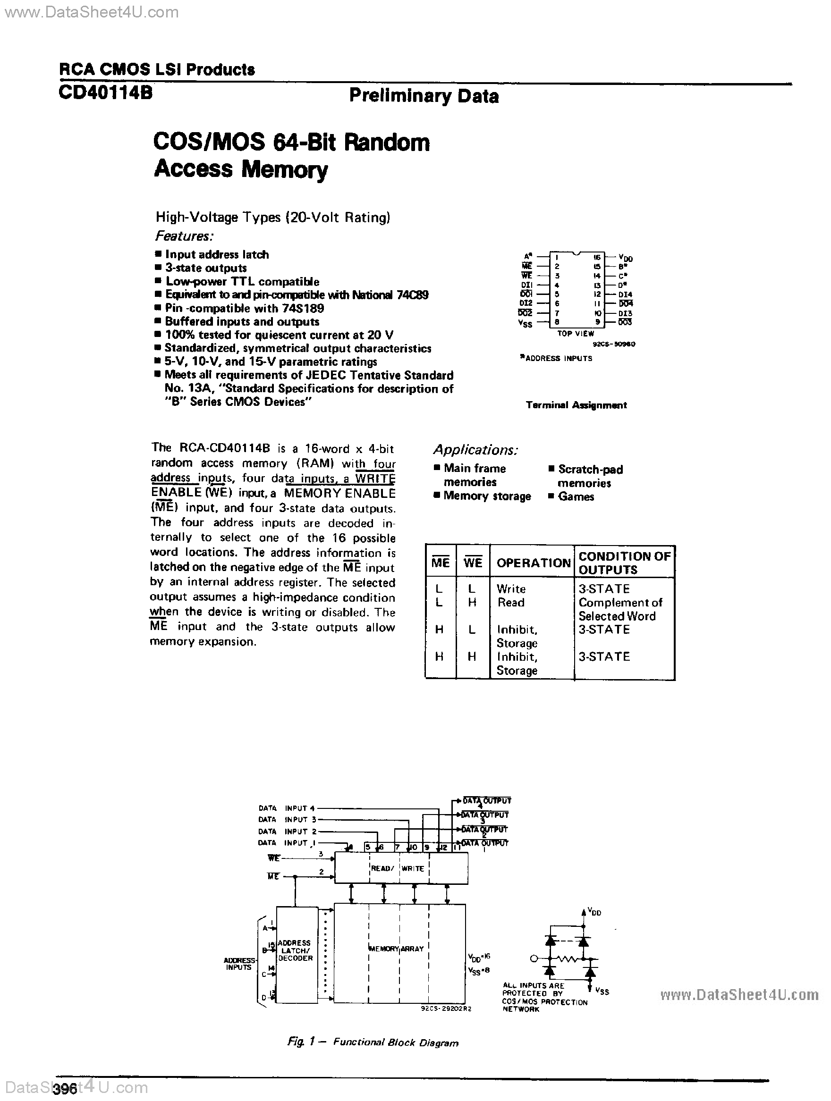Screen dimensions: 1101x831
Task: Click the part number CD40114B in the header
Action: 106,93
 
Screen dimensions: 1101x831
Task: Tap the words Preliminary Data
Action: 424,96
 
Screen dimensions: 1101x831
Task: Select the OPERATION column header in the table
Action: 533,563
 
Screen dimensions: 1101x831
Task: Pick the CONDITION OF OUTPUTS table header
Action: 624,563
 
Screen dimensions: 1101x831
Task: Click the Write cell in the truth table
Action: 511,589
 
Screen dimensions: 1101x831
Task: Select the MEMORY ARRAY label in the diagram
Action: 396,949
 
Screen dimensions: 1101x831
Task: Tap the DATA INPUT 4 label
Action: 287,808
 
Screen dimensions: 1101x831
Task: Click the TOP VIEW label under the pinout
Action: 576,334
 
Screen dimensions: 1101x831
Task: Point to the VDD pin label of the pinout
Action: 625,258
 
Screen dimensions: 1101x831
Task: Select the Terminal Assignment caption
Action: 576,405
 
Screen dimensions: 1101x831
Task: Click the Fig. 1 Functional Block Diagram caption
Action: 373,1043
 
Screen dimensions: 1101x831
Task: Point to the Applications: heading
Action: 475,450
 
